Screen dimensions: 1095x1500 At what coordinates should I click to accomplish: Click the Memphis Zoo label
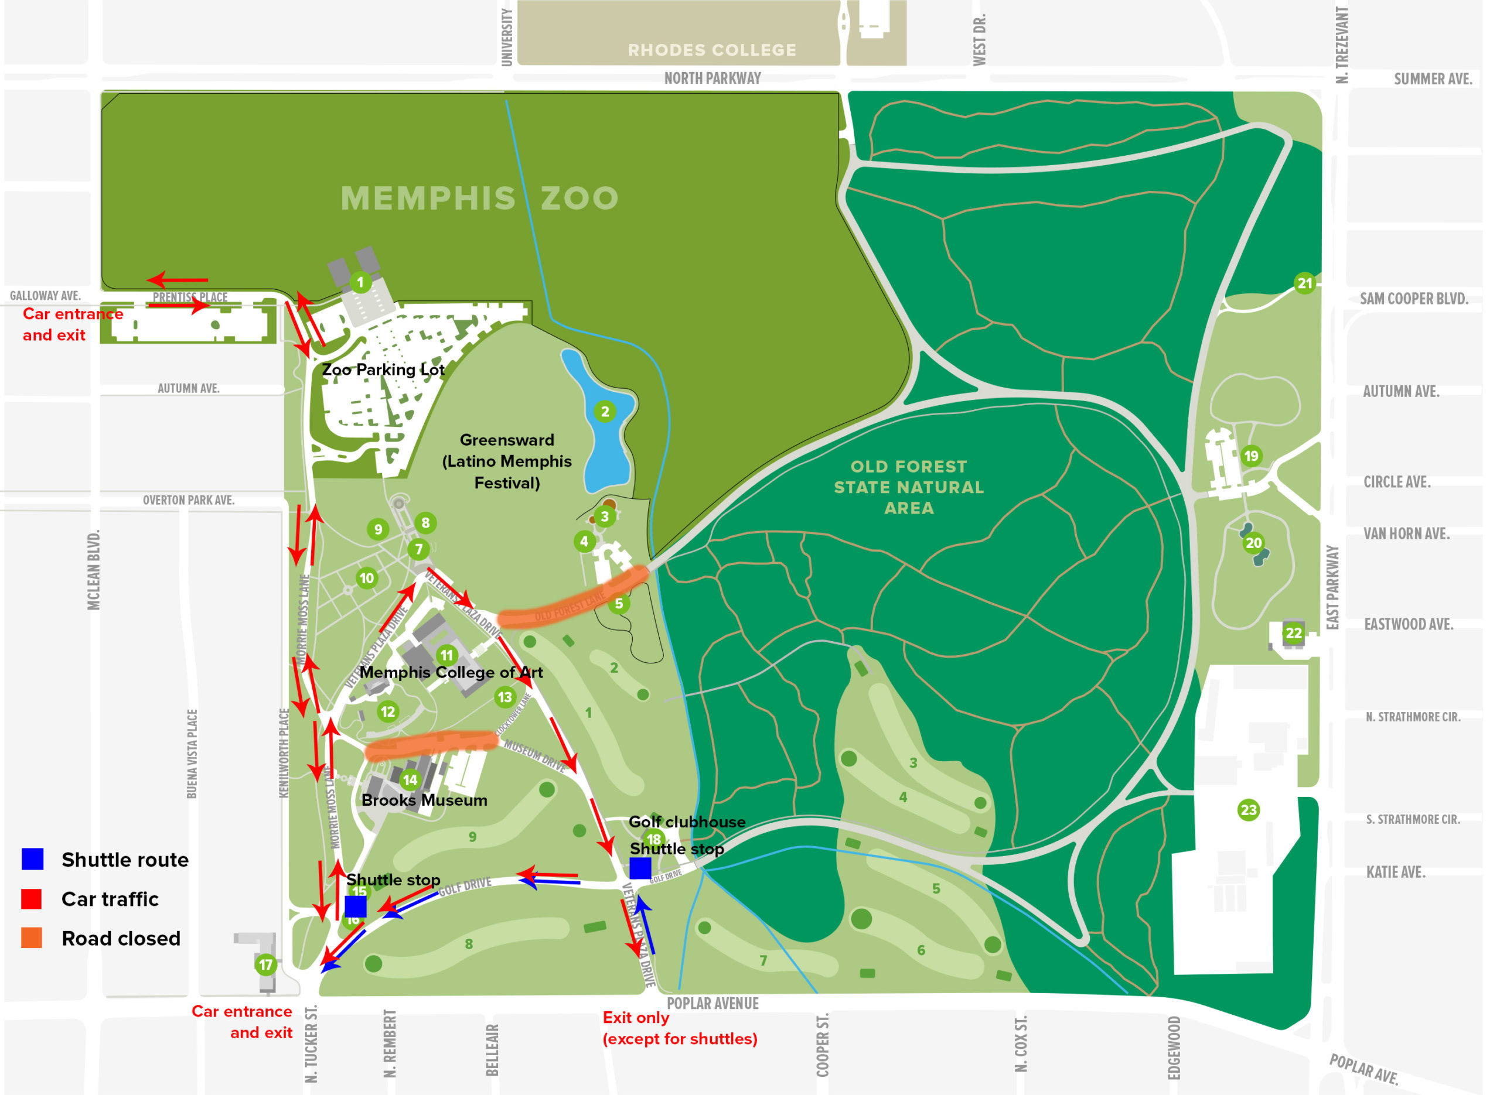point(479,198)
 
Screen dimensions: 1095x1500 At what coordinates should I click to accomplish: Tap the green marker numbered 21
point(1304,283)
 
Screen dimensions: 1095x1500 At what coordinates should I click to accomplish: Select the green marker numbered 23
point(1248,810)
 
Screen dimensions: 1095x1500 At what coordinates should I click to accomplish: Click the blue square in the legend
point(32,859)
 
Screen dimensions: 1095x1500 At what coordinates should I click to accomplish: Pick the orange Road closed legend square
point(32,938)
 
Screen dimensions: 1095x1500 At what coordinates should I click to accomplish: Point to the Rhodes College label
point(711,50)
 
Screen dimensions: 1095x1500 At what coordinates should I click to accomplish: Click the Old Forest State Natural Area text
point(908,487)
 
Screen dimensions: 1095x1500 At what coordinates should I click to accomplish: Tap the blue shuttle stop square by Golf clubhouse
point(640,868)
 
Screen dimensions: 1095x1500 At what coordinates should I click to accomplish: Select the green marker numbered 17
point(266,964)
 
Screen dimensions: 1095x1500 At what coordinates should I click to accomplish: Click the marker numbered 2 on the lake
point(605,412)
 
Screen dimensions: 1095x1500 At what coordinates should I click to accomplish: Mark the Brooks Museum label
point(424,800)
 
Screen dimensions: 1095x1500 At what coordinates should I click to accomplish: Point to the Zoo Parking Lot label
point(383,369)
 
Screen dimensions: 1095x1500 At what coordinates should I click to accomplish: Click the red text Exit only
point(635,1018)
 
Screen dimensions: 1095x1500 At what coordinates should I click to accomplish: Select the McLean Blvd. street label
point(94,570)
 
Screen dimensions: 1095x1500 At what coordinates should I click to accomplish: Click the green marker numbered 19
point(1250,456)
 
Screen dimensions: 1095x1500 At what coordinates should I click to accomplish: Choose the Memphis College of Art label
point(451,672)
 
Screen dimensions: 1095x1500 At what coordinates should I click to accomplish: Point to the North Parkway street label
point(712,78)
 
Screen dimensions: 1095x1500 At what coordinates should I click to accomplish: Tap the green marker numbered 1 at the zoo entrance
point(360,283)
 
